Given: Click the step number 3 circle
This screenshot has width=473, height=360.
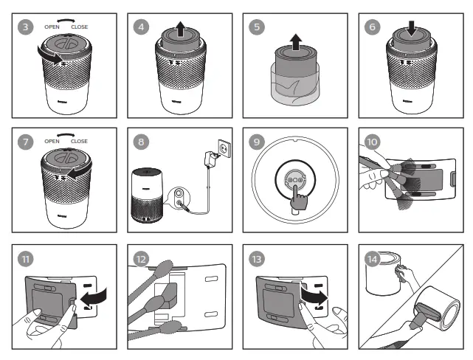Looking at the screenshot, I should pos(27,26).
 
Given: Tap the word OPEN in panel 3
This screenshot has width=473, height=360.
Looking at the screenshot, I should pos(52,26).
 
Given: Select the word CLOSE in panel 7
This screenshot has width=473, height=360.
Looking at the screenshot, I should pos(79,141).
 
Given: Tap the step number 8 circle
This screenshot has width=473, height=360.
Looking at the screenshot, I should pos(142,141).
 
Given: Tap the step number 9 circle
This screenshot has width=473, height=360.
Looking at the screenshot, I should pos(259,141).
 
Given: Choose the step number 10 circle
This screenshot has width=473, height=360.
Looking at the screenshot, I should pos(374,141).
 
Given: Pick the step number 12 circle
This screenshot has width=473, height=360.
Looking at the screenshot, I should pos(142,258).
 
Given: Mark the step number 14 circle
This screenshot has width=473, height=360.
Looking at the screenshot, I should pos(374,258).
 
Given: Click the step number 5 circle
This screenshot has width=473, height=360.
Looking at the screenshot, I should pos(259,26).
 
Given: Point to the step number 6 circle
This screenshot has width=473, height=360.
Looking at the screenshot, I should pos(374,26).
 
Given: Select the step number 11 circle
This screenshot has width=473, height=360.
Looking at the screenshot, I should pos(27,258).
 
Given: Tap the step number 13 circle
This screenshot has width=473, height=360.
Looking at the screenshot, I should pos(259,258).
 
